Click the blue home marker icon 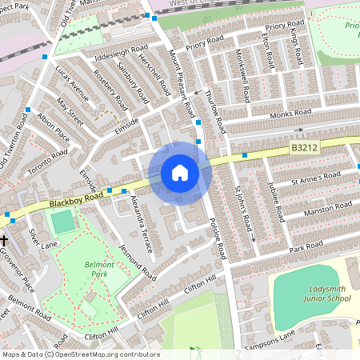180,173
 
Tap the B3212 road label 305,147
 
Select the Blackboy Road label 76,199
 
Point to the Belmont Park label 98,267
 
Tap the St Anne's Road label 315,177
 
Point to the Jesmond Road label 135,262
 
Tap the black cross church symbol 4,240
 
